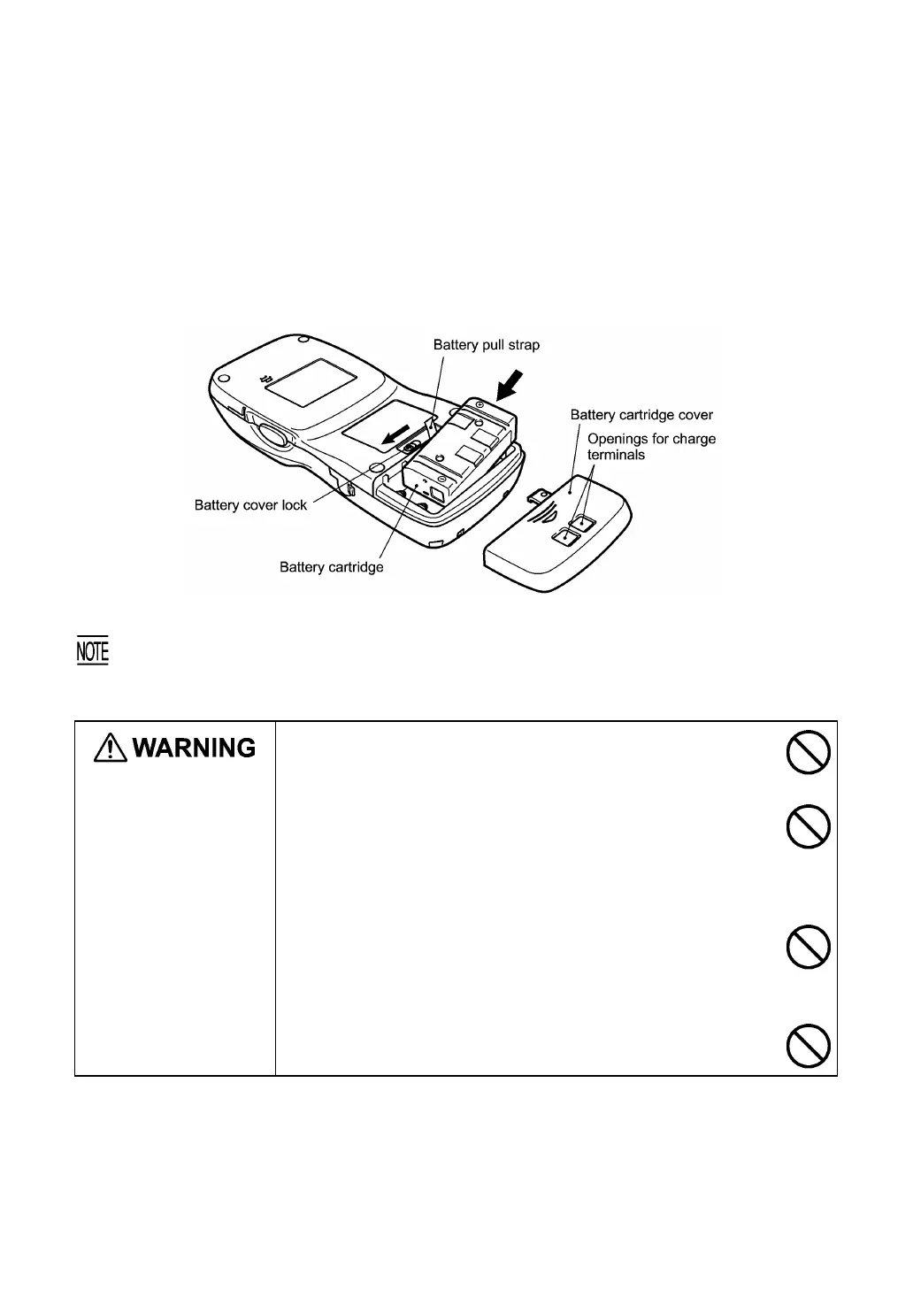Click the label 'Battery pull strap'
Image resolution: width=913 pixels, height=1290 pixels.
pos(486,345)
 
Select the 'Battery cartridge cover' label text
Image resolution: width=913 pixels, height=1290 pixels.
pos(641,414)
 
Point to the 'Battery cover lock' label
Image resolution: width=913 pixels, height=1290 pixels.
pos(250,505)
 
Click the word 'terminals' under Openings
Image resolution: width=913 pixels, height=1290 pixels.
pos(617,455)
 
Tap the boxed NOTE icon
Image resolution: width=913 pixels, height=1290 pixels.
pos(92,652)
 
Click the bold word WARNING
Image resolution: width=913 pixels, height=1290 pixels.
pos(195,749)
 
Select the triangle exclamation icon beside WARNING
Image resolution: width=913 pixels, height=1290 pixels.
pos(110,749)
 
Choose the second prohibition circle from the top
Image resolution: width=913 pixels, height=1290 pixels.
pos(808,829)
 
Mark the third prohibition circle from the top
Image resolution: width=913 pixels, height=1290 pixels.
pos(808,948)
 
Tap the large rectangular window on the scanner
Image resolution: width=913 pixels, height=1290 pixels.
pos(311,383)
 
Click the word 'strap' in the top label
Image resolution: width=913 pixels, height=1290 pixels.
pos(522,345)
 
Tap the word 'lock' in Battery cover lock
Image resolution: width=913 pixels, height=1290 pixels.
pos(293,505)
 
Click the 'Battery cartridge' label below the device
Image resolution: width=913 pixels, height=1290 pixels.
pos(331,567)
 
